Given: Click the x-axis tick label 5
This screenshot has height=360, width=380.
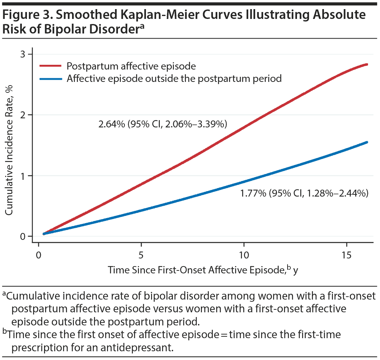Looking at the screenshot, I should tap(141, 254).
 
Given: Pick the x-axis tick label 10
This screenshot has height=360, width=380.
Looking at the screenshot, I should tap(244, 254).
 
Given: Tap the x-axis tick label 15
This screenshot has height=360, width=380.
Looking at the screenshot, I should tap(346, 254).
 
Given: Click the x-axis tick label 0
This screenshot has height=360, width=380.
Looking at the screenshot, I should tap(39, 254).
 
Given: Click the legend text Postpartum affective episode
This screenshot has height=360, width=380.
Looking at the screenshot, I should tap(131, 66).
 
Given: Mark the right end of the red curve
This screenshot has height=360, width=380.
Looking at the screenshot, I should tap(367, 64).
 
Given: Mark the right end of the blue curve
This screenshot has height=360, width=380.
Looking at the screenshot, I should tap(367, 142).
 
